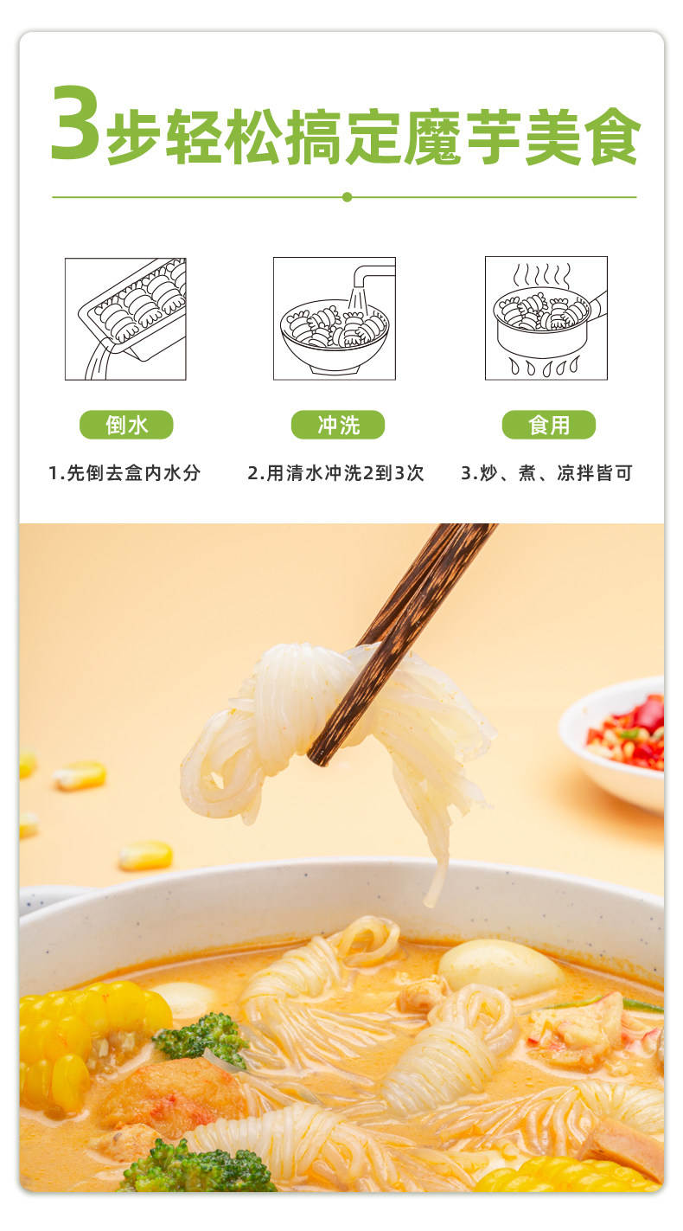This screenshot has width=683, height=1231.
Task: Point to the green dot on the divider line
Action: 347,197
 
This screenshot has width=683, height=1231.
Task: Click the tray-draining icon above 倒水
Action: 125,318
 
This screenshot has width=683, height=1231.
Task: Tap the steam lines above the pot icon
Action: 542,275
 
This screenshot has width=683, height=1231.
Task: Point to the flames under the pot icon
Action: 545,368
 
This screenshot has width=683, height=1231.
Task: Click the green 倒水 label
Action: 126,425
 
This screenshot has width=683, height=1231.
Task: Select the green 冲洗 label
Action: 337,425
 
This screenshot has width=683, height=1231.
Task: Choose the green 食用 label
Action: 549,425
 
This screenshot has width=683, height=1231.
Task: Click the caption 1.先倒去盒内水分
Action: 124,473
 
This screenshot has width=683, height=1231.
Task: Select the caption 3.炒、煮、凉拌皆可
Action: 546,473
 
